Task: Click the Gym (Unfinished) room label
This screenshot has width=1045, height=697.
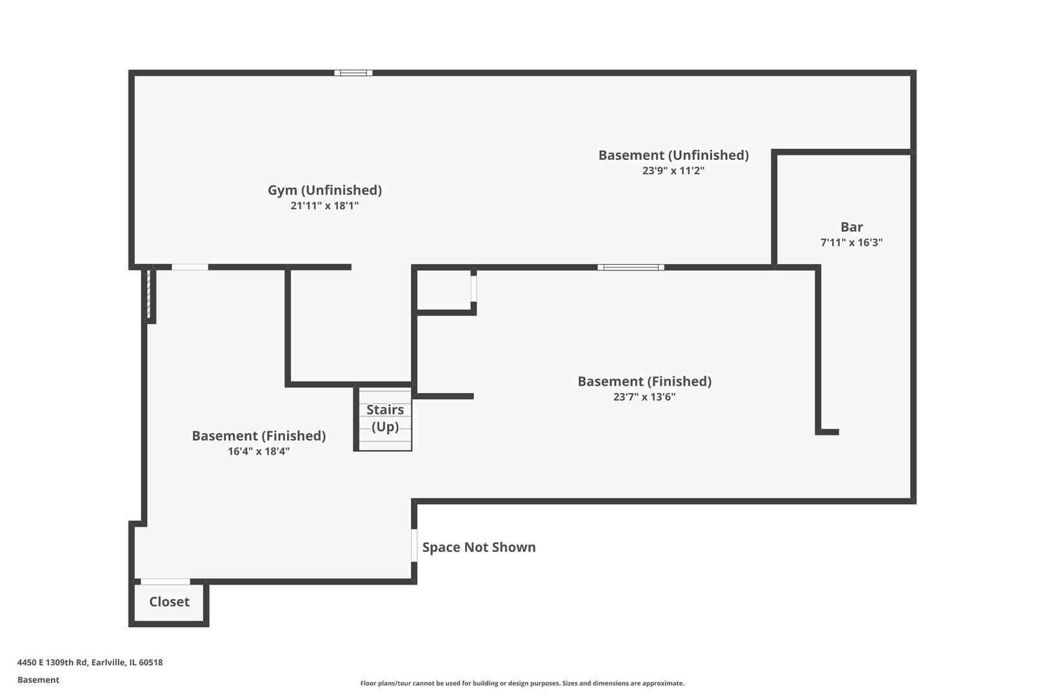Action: (324, 190)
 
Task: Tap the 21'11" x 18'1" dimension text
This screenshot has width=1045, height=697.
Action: (324, 205)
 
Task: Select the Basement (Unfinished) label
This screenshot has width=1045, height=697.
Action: (673, 155)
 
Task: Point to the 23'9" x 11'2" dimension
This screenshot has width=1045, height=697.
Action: (673, 170)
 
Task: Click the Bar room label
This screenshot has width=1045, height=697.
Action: (851, 227)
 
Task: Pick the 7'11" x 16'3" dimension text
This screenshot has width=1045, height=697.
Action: (851, 242)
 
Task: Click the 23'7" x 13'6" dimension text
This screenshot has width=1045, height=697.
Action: (644, 397)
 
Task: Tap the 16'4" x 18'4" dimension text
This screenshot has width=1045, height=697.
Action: (259, 452)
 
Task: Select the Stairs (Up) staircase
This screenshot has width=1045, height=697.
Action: (385, 418)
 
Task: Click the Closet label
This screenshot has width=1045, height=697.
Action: (170, 601)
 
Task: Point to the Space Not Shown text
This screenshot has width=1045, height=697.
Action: (479, 547)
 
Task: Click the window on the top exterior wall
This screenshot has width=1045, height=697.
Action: (353, 73)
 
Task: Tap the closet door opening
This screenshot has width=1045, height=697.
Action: (166, 581)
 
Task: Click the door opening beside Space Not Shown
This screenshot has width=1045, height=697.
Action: (414, 545)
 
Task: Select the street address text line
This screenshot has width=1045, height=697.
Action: (90, 662)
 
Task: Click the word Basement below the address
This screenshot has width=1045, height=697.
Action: (38, 680)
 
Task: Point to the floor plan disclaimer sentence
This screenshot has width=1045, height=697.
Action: (522, 683)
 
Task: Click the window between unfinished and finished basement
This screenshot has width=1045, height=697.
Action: (631, 267)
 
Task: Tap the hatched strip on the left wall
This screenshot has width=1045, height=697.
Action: (149, 294)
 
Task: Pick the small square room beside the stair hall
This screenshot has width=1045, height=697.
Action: (444, 290)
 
